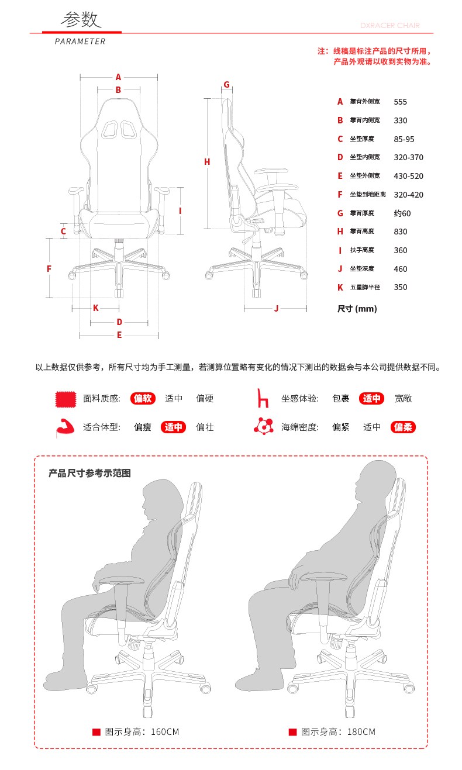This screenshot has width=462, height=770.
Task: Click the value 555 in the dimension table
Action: (400, 102)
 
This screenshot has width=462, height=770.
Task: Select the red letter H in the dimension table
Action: (340, 232)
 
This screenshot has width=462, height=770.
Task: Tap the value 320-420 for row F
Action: (408, 195)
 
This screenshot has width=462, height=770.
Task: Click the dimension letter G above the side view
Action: (226, 84)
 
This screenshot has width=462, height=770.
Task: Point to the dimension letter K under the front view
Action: (96, 308)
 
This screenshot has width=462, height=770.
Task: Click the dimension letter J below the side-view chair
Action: (276, 308)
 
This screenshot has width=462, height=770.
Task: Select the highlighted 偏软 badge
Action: (143, 398)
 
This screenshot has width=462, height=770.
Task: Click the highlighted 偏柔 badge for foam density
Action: (403, 427)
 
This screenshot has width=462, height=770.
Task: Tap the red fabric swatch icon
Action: (65, 399)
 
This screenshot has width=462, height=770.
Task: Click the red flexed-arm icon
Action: (65, 427)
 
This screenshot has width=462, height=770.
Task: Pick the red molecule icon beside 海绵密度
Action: (264, 426)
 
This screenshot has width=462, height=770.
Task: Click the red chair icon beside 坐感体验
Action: (263, 398)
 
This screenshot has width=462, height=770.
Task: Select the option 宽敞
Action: (403, 398)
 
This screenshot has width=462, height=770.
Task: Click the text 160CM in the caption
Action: (165, 731)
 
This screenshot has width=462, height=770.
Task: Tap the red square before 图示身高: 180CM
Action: (292, 732)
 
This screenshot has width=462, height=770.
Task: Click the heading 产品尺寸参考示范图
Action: (89, 473)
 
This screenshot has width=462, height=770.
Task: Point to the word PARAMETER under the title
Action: (80, 42)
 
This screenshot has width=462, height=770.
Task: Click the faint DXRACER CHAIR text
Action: (390, 26)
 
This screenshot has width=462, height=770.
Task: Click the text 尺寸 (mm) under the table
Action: (357, 308)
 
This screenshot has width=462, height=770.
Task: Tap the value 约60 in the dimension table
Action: (402, 213)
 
